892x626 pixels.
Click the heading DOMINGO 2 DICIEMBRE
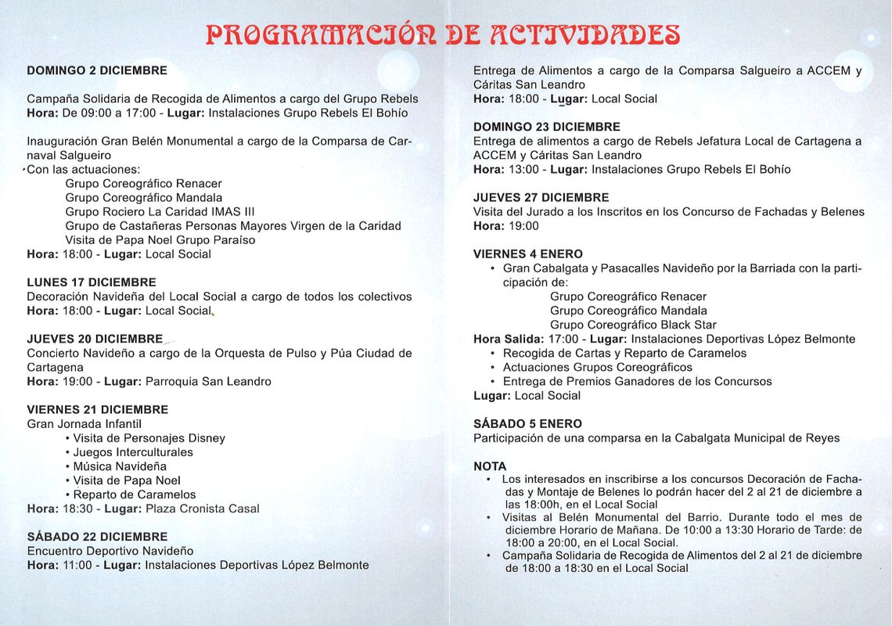[97, 70]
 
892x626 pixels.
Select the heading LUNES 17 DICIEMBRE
[92, 282]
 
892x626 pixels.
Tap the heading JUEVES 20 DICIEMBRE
[95, 339]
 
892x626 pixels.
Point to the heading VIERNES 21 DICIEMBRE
[98, 410]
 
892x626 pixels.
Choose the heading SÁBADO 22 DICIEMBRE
[97, 537]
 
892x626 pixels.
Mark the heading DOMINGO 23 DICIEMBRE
[547, 127]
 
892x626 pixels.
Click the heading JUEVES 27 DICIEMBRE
[541, 198]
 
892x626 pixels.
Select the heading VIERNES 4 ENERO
[528, 254]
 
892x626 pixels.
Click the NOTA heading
[490, 466]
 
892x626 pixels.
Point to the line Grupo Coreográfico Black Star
[633, 325]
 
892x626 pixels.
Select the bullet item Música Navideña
[120, 466]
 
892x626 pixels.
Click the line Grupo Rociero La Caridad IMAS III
[160, 212]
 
